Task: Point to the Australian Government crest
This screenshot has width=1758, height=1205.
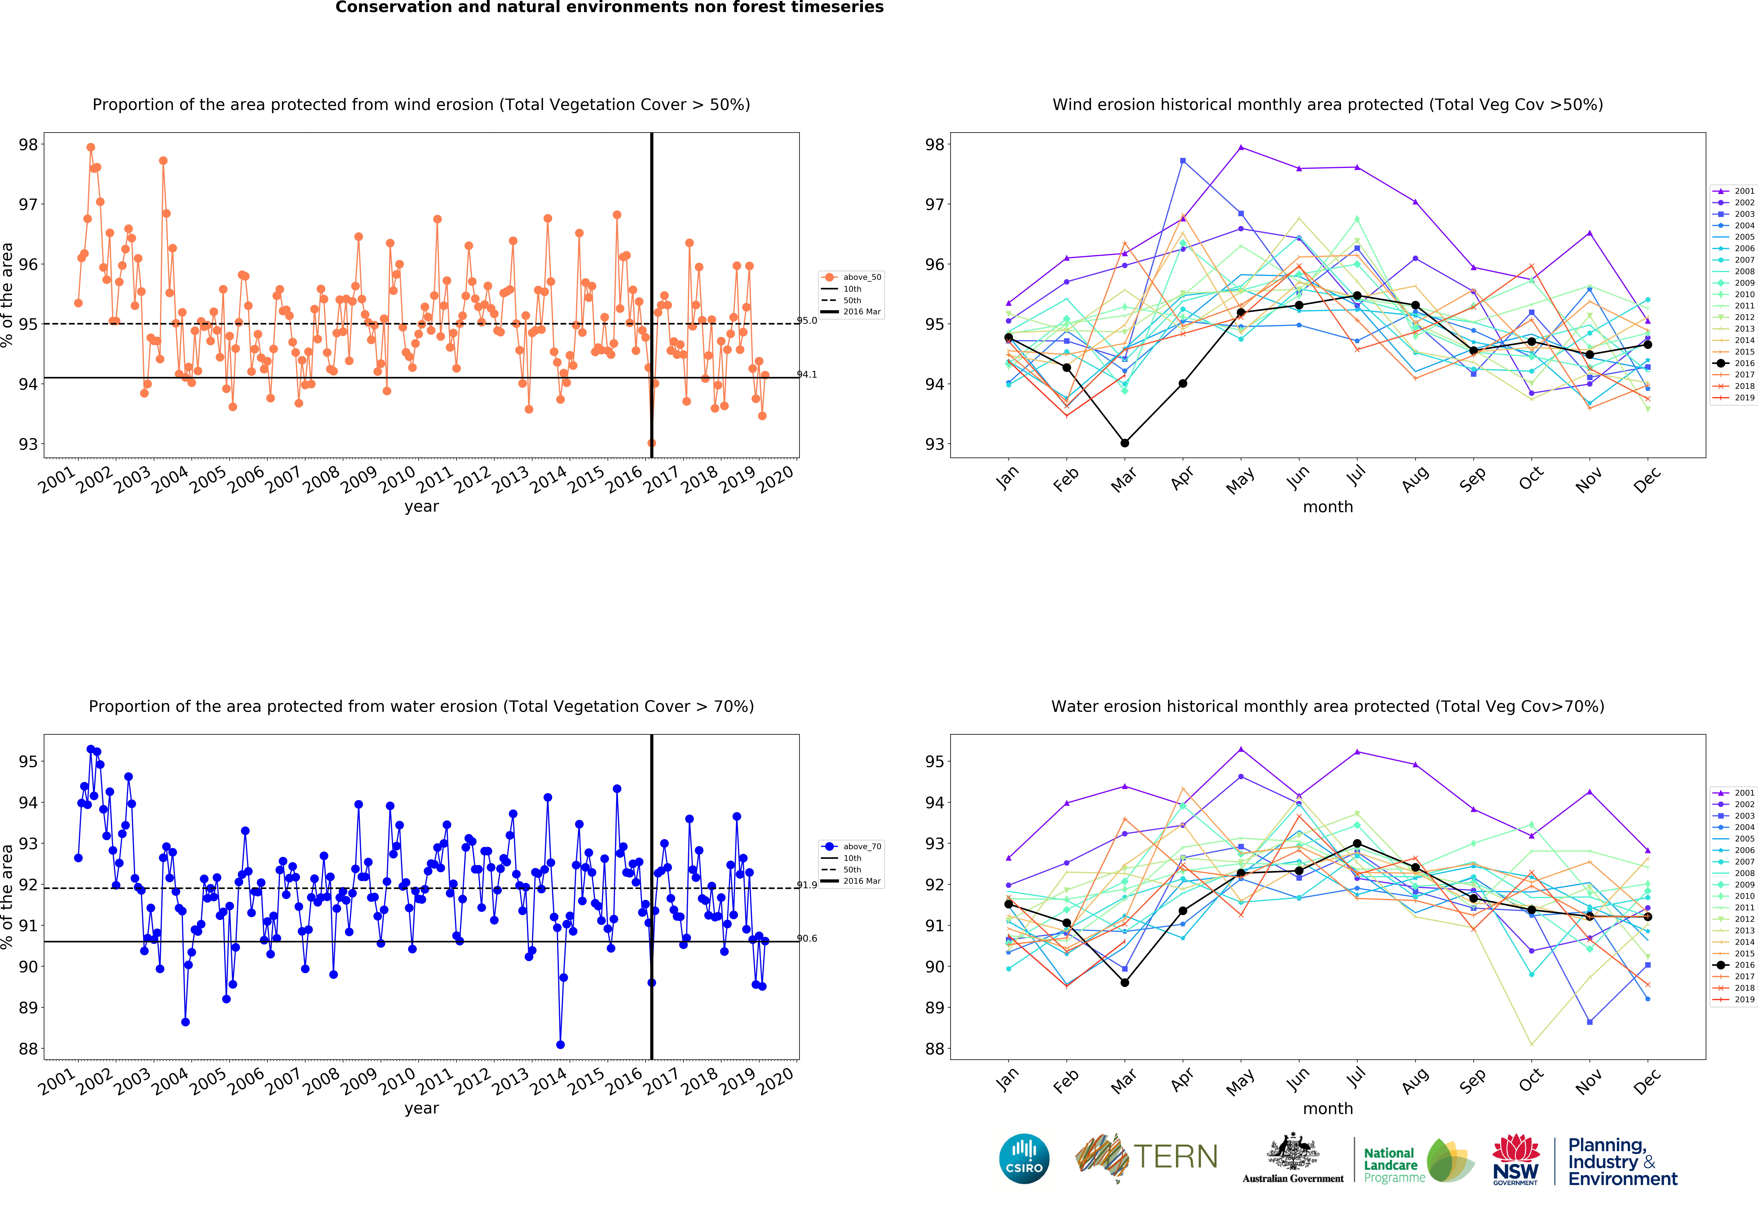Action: [1293, 1152]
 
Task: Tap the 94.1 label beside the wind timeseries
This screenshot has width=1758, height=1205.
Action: [807, 374]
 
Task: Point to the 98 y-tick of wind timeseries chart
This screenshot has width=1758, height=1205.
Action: [28, 145]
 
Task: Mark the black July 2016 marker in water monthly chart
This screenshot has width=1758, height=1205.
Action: [1357, 843]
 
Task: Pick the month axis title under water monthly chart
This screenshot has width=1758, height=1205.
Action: [1328, 1108]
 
